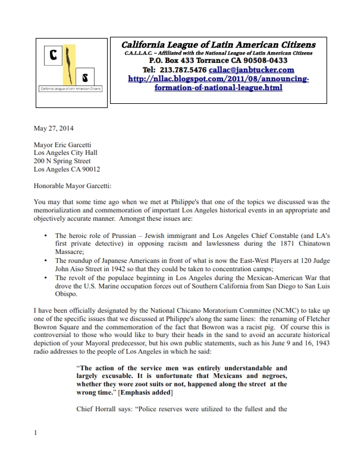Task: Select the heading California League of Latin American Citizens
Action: coord(218,45)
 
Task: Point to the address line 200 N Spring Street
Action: coord(62,160)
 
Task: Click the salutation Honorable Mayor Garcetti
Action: coord(72,185)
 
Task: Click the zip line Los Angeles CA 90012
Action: coord(67,169)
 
